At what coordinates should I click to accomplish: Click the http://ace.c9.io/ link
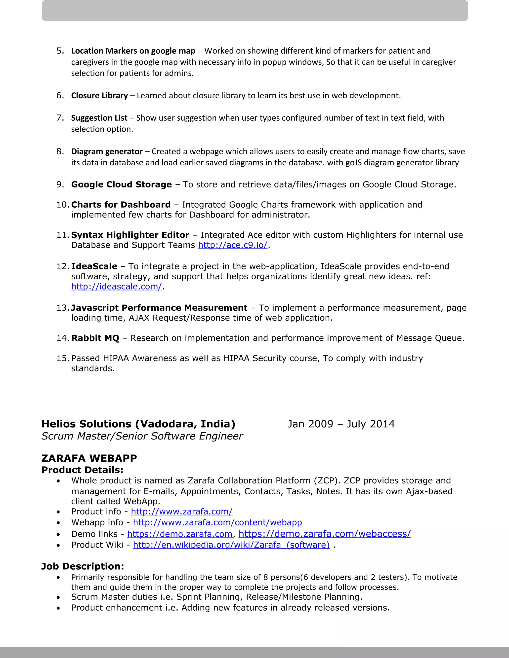232,245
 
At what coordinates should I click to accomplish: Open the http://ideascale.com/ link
116,287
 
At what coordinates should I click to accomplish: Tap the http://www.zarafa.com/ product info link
181,512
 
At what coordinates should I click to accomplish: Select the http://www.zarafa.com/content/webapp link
217,522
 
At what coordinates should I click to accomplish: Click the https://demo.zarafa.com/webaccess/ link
324,534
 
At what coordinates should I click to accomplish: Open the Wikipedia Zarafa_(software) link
231,545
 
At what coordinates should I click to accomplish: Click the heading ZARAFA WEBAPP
89,458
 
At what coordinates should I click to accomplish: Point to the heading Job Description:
83,566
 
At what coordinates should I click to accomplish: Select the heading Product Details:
82,470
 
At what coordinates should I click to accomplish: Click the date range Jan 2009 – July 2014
341,424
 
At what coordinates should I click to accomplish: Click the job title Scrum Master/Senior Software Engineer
142,436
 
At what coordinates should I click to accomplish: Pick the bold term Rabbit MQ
95,338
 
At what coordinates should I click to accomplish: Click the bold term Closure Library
99,96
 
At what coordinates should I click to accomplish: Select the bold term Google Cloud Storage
121,184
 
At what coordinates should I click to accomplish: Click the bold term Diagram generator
107,151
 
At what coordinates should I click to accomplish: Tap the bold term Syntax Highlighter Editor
130,235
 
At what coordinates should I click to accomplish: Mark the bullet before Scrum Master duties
58,597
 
